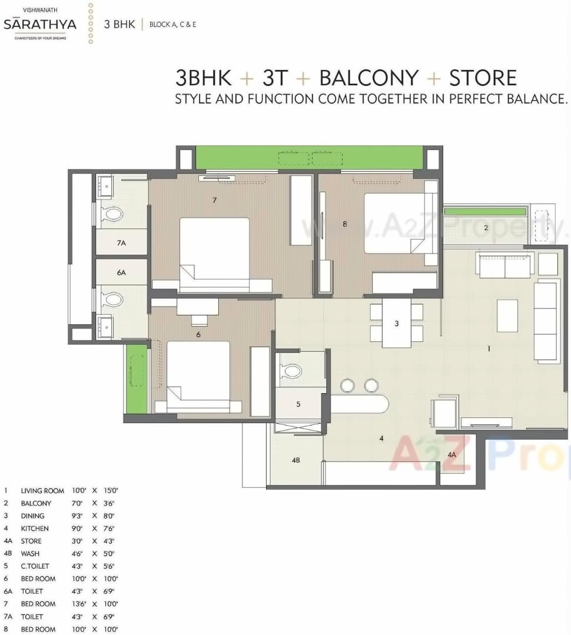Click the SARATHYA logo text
click(x=41, y=25)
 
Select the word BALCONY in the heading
click(x=369, y=78)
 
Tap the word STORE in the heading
click(x=483, y=78)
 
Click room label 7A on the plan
click(x=121, y=242)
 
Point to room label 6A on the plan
click(x=121, y=272)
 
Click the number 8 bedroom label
click(x=345, y=224)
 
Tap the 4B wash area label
click(x=296, y=460)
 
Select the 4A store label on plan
click(x=452, y=455)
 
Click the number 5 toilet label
click(x=298, y=404)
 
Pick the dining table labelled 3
click(x=396, y=323)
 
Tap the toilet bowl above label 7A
click(x=112, y=214)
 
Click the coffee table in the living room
click(x=507, y=315)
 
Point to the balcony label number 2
click(x=486, y=228)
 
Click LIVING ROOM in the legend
click(x=42, y=490)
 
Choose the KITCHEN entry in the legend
click(x=35, y=528)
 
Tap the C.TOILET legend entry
click(x=35, y=566)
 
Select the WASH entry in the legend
click(x=31, y=554)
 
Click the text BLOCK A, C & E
click(x=172, y=25)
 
